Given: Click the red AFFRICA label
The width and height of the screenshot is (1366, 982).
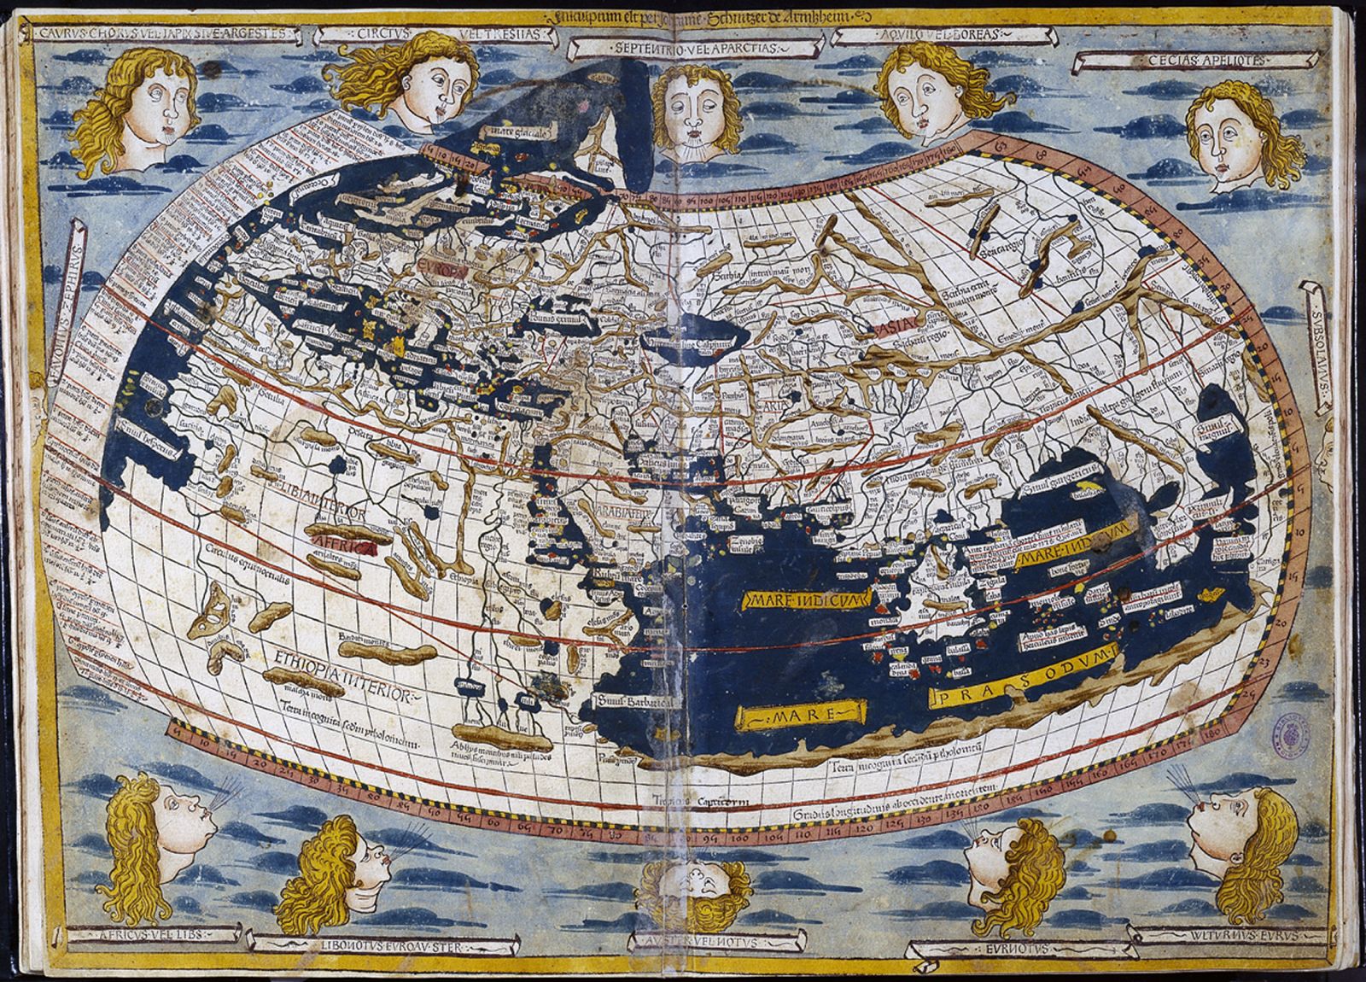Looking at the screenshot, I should (x=342, y=547).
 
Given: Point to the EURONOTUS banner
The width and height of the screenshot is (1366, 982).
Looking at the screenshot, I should (x=1024, y=947).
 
